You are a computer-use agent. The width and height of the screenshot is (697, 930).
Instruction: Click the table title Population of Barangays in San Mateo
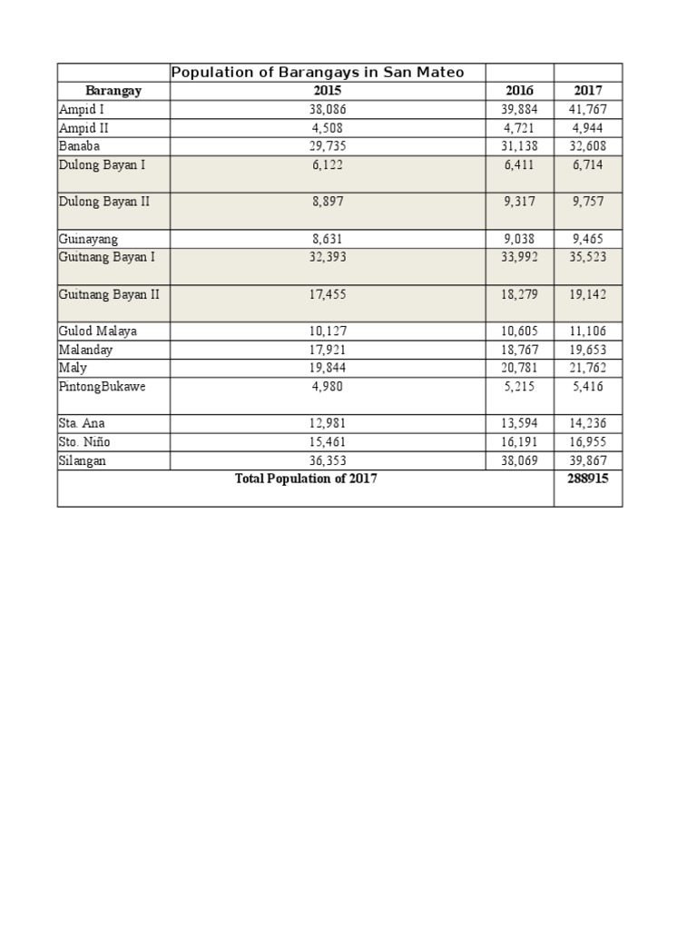tap(318, 73)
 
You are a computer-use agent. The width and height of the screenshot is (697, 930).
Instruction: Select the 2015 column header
tap(328, 91)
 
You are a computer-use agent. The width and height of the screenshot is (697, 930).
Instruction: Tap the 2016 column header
tap(520, 91)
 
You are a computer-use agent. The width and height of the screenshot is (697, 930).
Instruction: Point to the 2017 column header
tap(588, 91)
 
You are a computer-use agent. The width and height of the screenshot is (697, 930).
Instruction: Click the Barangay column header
tap(113, 91)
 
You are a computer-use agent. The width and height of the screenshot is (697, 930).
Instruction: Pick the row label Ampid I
tap(82, 110)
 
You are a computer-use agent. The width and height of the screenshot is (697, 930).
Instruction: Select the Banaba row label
tap(80, 146)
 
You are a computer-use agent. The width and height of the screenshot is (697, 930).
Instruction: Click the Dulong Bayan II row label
tap(103, 202)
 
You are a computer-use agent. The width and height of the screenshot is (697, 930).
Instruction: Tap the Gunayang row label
tap(89, 239)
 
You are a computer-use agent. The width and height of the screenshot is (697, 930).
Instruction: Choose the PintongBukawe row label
tap(102, 386)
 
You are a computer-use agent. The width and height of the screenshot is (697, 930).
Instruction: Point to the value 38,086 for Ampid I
tap(328, 110)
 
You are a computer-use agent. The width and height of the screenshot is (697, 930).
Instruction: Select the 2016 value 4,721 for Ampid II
tap(520, 128)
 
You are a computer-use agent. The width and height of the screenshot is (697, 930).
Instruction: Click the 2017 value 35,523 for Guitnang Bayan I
tap(588, 257)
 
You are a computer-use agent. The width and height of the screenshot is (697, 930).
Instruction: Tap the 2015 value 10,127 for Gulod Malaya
tap(328, 331)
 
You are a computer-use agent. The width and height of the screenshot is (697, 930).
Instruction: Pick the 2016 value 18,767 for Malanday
tap(520, 350)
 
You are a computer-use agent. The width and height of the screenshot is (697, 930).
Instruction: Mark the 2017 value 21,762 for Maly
tap(588, 368)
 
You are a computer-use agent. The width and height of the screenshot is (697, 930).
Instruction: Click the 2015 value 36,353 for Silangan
tap(328, 460)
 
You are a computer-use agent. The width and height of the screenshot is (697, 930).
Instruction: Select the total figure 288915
tap(588, 479)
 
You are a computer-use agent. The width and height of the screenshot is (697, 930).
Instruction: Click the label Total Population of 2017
tap(306, 479)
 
